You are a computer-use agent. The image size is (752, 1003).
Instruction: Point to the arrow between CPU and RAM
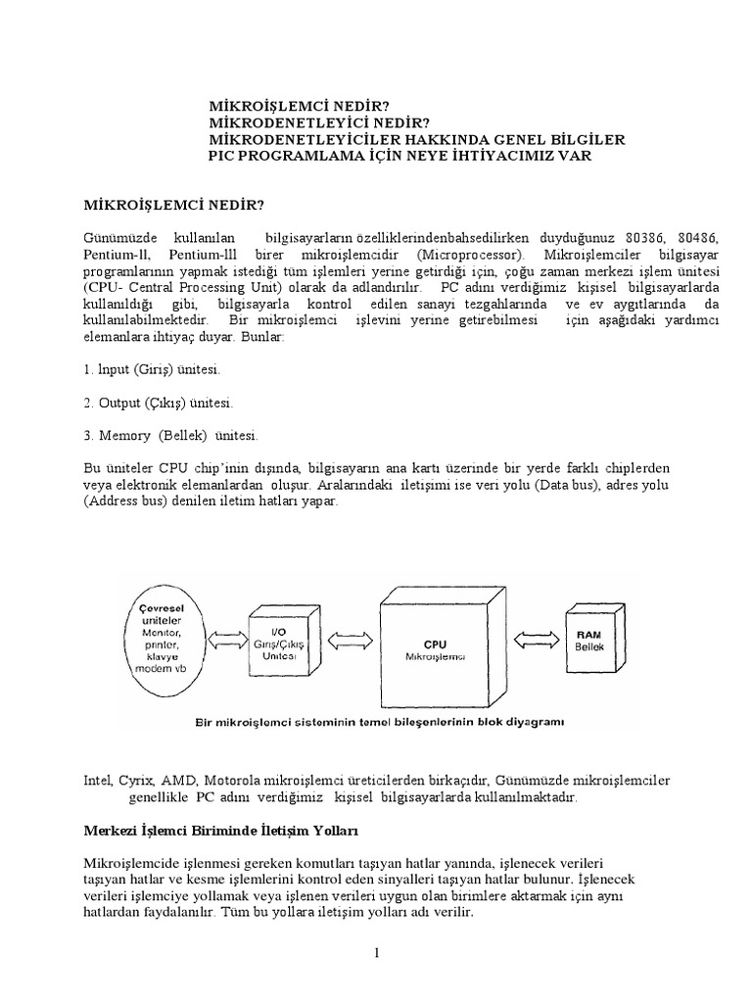tap(535, 639)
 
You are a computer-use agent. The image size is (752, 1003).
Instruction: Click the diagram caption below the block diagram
tap(369, 725)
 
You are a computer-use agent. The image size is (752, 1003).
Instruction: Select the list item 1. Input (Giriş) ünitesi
tap(152, 371)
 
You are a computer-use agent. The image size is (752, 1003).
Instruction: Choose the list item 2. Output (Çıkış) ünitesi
tap(158, 403)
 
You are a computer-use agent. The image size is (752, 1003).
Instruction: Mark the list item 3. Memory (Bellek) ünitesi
tap(170, 435)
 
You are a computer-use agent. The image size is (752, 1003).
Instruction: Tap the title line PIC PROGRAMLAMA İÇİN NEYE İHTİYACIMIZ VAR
tap(399, 156)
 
